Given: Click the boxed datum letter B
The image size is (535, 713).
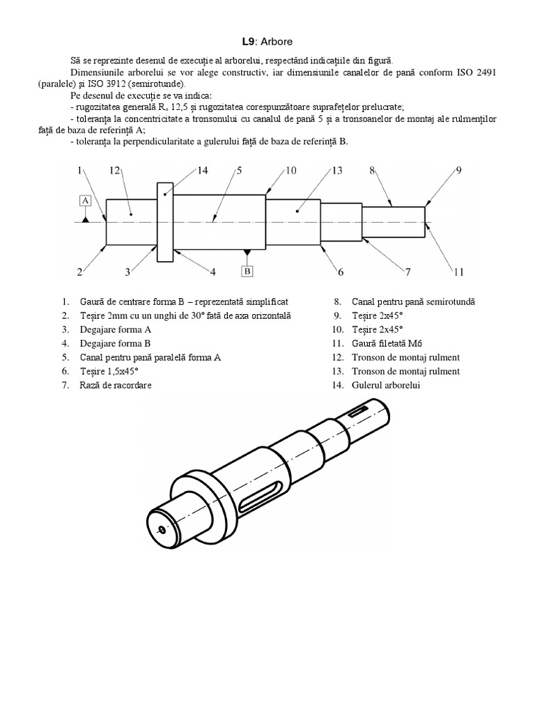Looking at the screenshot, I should click(247, 271).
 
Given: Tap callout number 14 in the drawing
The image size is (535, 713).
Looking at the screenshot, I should click(203, 170).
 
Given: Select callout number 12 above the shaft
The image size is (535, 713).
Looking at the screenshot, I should click(115, 170).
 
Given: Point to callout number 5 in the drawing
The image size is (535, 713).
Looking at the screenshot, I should click(238, 170).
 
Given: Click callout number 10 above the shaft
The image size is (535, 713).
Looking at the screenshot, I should click(290, 170).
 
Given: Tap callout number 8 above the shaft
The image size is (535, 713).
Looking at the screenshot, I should click(373, 170).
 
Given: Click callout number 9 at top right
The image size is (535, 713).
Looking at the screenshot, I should click(459, 170).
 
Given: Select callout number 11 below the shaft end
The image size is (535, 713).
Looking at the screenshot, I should click(458, 272).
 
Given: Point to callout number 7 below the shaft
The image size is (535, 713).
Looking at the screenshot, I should click(408, 272).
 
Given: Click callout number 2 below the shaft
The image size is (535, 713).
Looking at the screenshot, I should click(80, 272).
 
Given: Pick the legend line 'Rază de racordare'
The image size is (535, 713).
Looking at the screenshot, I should click(121, 385).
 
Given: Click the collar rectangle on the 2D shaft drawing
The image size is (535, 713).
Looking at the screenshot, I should click(165, 223).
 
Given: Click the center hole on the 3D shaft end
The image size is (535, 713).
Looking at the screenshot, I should click(162, 530).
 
